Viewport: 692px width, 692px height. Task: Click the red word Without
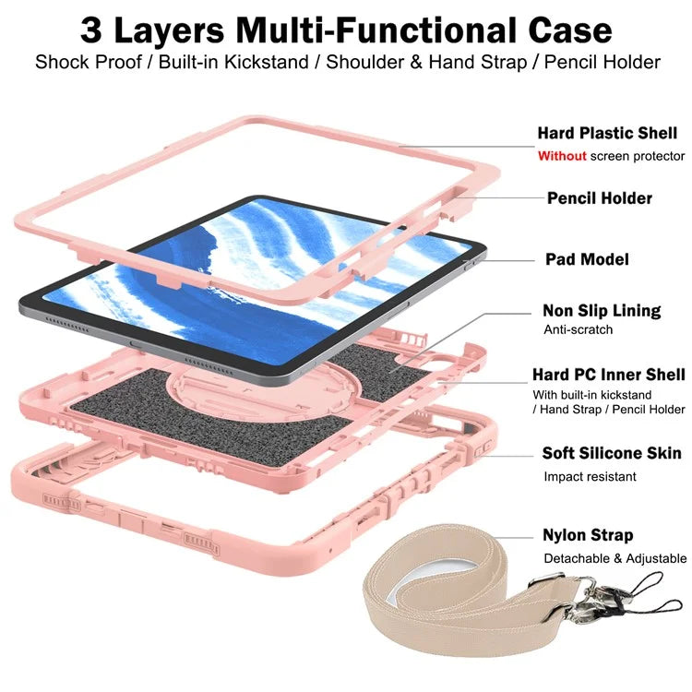coord(561,156)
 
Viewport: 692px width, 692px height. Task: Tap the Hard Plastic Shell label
coord(607,134)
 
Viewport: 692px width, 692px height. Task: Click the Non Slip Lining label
coord(602,311)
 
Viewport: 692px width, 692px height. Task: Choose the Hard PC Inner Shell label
coord(608,375)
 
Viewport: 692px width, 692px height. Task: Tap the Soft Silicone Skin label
coord(612,454)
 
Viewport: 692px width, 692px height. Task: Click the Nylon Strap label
coord(588,535)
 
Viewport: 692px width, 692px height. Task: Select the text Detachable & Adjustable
coord(614,558)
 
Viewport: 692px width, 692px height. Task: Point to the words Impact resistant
coord(590,477)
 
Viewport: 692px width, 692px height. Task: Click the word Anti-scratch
coord(579,329)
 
